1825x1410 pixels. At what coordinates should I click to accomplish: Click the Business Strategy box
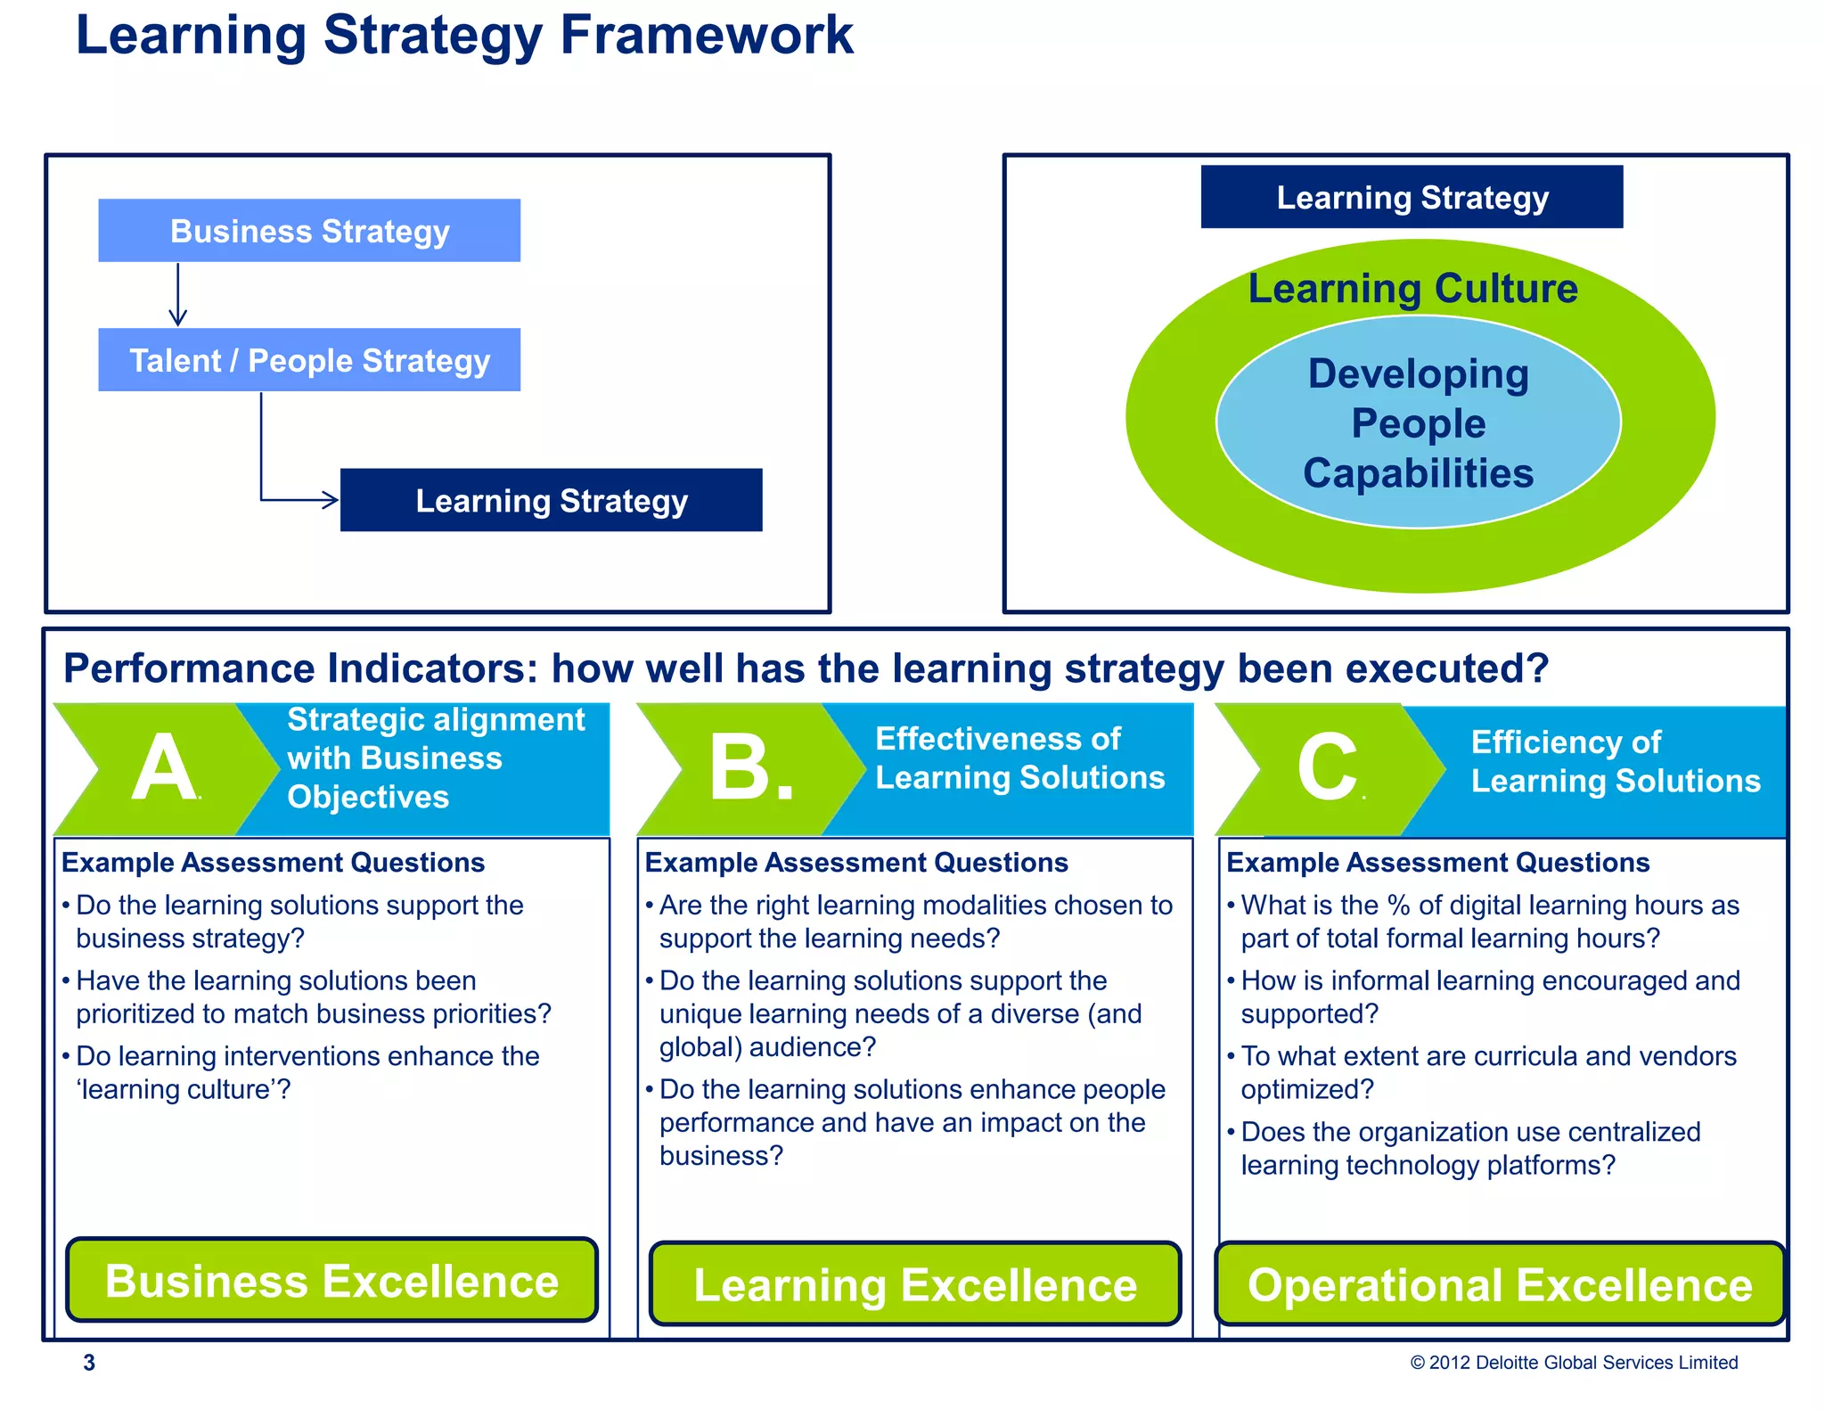click(x=309, y=231)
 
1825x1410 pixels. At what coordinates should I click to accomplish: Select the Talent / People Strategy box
click(x=309, y=360)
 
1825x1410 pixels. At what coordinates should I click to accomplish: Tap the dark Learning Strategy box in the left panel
click(x=551, y=500)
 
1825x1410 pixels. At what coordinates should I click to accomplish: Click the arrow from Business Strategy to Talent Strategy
click(x=178, y=294)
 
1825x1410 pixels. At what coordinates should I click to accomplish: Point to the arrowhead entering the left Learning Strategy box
click(x=331, y=500)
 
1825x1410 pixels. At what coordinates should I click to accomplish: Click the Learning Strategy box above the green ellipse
click(x=1412, y=197)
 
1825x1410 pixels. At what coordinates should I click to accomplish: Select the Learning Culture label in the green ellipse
click(x=1412, y=289)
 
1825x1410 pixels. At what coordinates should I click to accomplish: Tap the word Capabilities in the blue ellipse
click(x=1418, y=473)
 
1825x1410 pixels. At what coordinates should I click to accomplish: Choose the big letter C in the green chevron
click(x=1327, y=768)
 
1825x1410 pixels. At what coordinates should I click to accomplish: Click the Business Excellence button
click(x=331, y=1281)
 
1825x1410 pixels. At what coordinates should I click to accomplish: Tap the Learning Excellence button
click(x=915, y=1284)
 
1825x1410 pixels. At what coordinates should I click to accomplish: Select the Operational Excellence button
click(x=1500, y=1284)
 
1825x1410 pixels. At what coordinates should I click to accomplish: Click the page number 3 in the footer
click(x=89, y=1362)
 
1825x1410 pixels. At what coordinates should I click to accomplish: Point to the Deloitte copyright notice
click(x=1574, y=1362)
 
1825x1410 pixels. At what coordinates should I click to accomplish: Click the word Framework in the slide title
click(x=706, y=36)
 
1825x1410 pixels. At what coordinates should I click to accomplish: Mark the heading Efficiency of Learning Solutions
click(x=1615, y=761)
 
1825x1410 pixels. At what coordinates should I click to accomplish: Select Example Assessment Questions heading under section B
click(x=855, y=863)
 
